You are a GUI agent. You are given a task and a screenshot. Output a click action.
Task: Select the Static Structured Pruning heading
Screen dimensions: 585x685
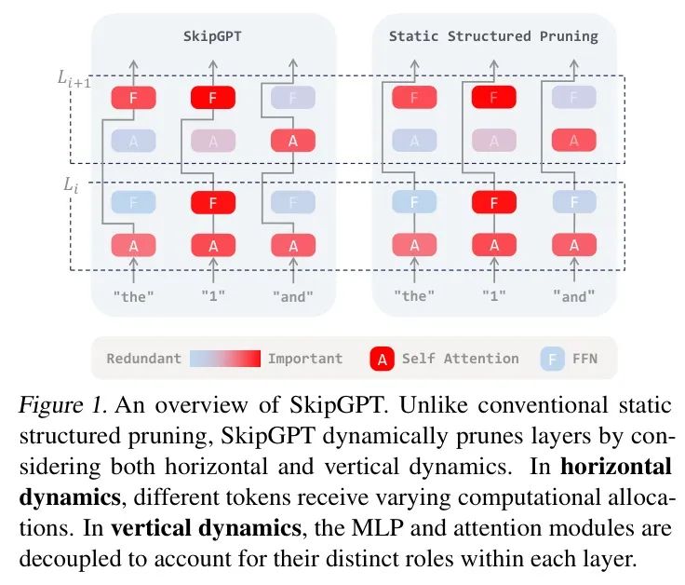493,36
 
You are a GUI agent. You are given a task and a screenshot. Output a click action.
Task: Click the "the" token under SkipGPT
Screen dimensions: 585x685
133,296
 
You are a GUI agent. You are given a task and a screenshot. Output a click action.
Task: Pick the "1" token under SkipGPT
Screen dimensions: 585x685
213,296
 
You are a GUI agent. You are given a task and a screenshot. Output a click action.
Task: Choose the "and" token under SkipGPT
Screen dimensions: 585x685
292,296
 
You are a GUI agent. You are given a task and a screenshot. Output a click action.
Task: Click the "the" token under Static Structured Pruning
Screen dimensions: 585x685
414,296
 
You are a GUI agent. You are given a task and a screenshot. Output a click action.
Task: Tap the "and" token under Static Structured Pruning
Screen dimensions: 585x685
574,296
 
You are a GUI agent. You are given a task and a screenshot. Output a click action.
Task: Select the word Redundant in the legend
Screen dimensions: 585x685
143,359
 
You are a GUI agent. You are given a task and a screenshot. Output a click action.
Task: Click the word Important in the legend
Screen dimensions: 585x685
305,359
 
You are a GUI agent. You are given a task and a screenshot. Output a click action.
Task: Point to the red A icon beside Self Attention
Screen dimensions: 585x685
383,359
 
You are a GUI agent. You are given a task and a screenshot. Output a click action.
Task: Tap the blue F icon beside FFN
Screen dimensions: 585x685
552,359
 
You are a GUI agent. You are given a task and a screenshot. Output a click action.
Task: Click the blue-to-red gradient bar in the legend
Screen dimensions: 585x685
223,359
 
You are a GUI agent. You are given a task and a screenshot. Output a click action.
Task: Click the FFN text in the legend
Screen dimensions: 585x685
585,359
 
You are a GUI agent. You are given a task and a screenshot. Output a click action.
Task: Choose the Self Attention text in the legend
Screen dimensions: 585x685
461,359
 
